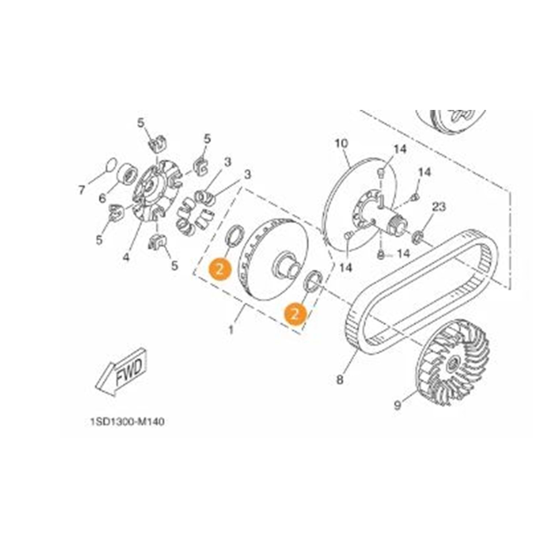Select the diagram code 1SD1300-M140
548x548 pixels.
(127, 422)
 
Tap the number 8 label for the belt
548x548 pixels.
(340, 380)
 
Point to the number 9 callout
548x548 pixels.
(398, 405)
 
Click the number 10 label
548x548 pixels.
(342, 144)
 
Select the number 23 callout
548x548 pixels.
(439, 207)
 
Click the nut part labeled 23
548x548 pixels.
(417, 238)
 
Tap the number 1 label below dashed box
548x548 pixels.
(231, 330)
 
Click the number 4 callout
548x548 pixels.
(126, 257)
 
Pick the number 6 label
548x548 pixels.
(102, 198)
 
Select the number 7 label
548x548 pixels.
(81, 190)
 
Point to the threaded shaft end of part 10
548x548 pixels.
(397, 225)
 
